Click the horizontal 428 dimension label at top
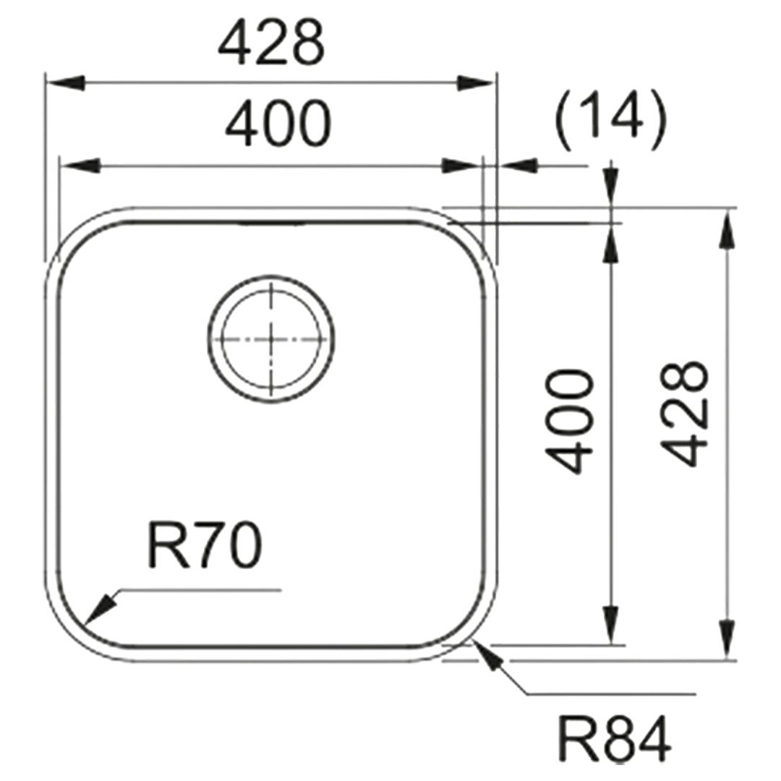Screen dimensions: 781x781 [271, 43]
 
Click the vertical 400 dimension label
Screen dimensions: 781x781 [570, 422]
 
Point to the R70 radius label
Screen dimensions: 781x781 [205, 547]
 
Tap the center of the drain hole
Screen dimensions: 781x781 [271, 338]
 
